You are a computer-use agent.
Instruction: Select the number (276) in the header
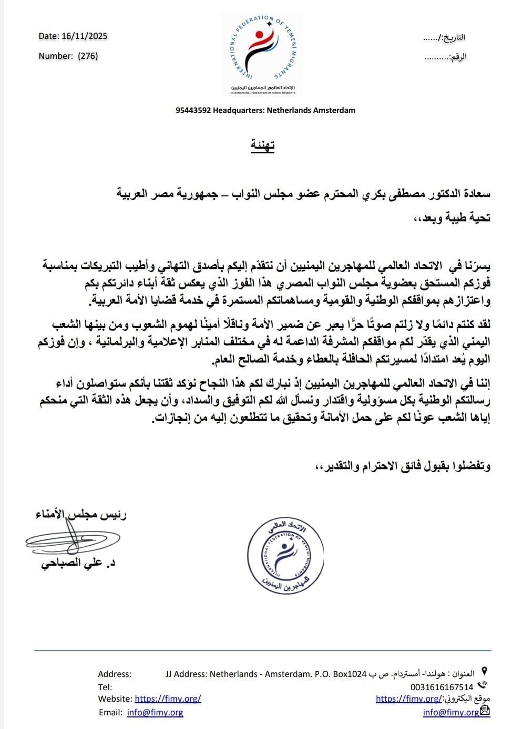point(88,56)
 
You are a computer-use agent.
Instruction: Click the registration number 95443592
point(193,110)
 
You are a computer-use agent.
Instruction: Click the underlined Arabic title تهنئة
point(263,145)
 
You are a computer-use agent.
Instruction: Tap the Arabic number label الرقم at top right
point(459,57)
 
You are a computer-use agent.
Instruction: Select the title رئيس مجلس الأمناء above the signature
point(81,515)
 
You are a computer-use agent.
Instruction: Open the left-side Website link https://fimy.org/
point(168,699)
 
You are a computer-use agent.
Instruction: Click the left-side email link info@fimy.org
point(155,712)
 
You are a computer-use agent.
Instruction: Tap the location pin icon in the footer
point(484,671)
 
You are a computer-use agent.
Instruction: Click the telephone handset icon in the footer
point(483,685)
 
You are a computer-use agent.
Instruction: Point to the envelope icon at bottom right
point(485,711)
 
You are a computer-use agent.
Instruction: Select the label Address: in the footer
point(115,674)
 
